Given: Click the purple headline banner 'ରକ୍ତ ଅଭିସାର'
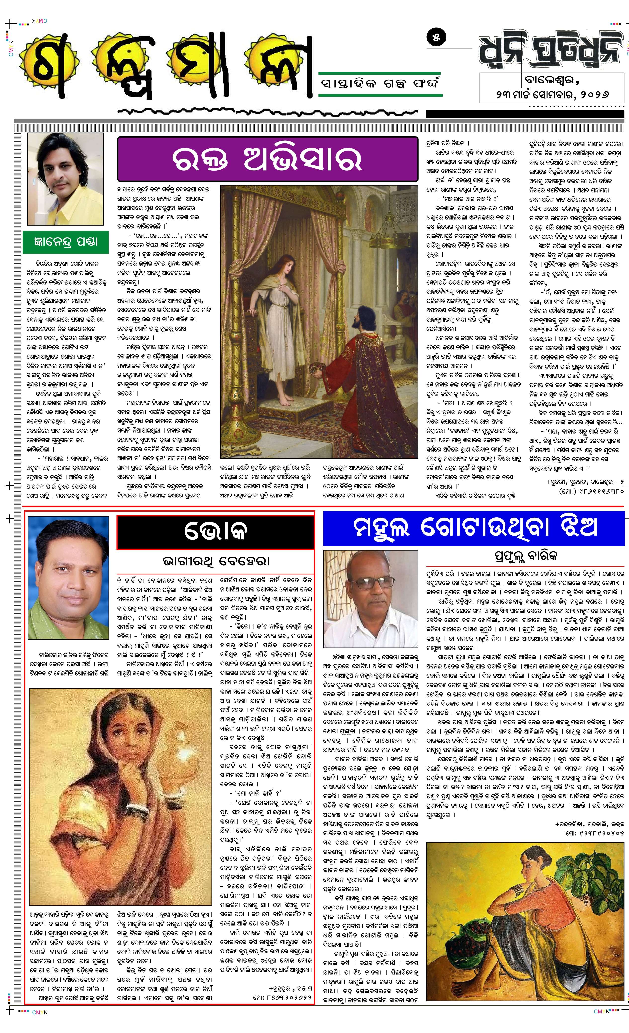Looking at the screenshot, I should point(267,159).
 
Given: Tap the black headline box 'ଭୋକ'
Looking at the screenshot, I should point(215,532).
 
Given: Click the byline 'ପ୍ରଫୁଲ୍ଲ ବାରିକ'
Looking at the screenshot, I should point(525,556).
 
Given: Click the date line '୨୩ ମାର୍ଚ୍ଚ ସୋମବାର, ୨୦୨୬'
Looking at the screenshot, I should point(551,94).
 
